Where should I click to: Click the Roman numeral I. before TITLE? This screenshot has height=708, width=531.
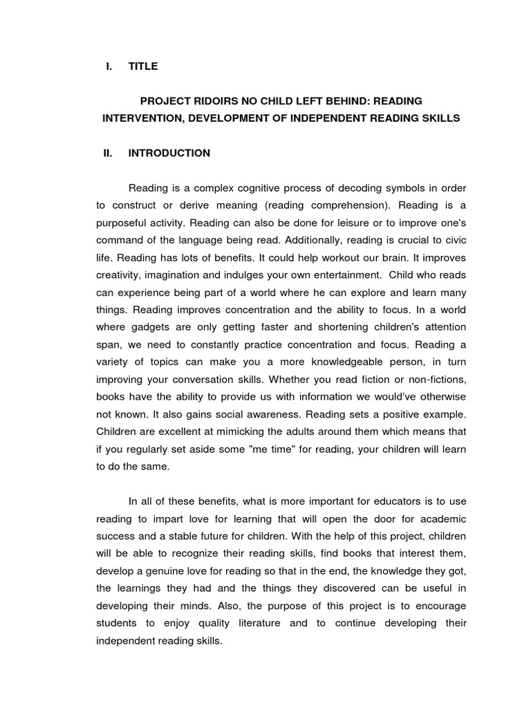point(109,66)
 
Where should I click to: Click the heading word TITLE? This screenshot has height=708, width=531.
point(143,66)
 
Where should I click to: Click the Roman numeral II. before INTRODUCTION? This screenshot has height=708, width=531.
point(108,153)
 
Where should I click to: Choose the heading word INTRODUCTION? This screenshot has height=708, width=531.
point(169,153)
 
